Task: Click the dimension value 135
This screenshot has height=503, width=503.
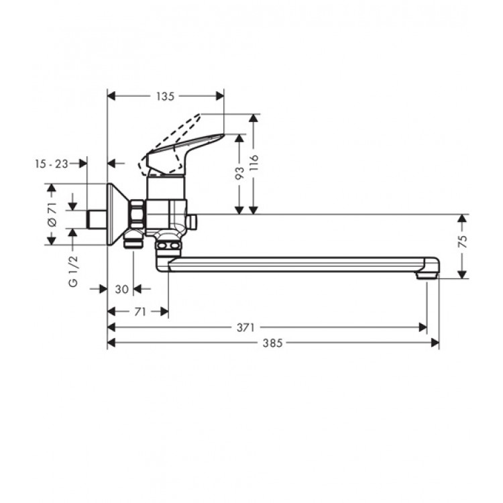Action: click(165, 97)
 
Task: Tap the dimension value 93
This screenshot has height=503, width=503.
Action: click(239, 174)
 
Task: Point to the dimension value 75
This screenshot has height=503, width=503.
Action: click(461, 243)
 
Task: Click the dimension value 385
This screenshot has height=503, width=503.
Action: click(272, 343)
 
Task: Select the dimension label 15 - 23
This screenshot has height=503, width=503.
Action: click(52, 163)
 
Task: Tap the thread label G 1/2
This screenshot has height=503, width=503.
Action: click(73, 271)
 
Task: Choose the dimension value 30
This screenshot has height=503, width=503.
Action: click(121, 289)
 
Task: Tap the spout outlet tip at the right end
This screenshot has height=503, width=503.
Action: click(427, 274)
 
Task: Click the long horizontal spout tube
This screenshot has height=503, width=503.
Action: click(295, 264)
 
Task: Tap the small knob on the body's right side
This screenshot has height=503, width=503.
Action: click(192, 221)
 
